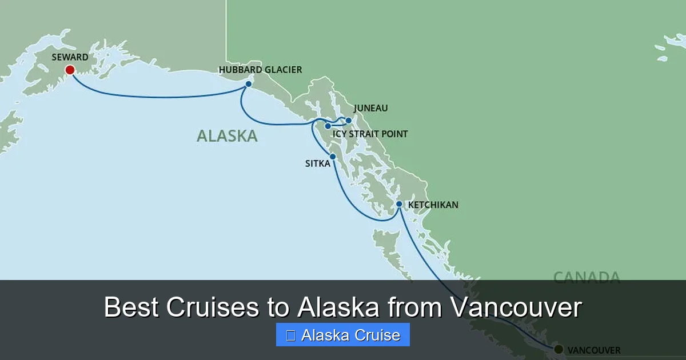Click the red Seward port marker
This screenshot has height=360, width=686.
tap(70, 70)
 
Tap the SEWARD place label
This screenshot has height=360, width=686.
tap(70, 57)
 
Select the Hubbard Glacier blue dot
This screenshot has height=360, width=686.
tap(249, 84)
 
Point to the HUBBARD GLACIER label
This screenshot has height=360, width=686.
tap(260, 70)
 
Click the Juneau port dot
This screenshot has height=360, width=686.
tap(349, 121)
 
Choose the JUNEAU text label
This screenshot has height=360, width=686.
tap(370, 108)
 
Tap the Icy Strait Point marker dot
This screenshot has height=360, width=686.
tap(328, 126)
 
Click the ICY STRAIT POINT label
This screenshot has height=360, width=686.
tap(370, 134)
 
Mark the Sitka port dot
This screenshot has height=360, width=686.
tap(333, 156)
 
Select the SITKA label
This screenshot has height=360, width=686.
tap(318, 163)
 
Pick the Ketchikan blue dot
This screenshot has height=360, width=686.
tap(399, 204)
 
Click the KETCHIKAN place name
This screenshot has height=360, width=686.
tap(433, 205)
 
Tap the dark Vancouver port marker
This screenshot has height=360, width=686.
tap(558, 349)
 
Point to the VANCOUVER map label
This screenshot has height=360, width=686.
tap(593, 350)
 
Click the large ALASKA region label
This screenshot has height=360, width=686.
tap(227, 136)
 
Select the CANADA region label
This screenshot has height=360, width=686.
tap(587, 278)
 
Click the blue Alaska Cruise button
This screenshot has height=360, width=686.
tap(343, 335)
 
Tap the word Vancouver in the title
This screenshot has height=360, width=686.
tap(516, 308)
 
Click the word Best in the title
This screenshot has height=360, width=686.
tap(133, 308)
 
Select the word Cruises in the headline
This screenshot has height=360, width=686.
tap(213, 308)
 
